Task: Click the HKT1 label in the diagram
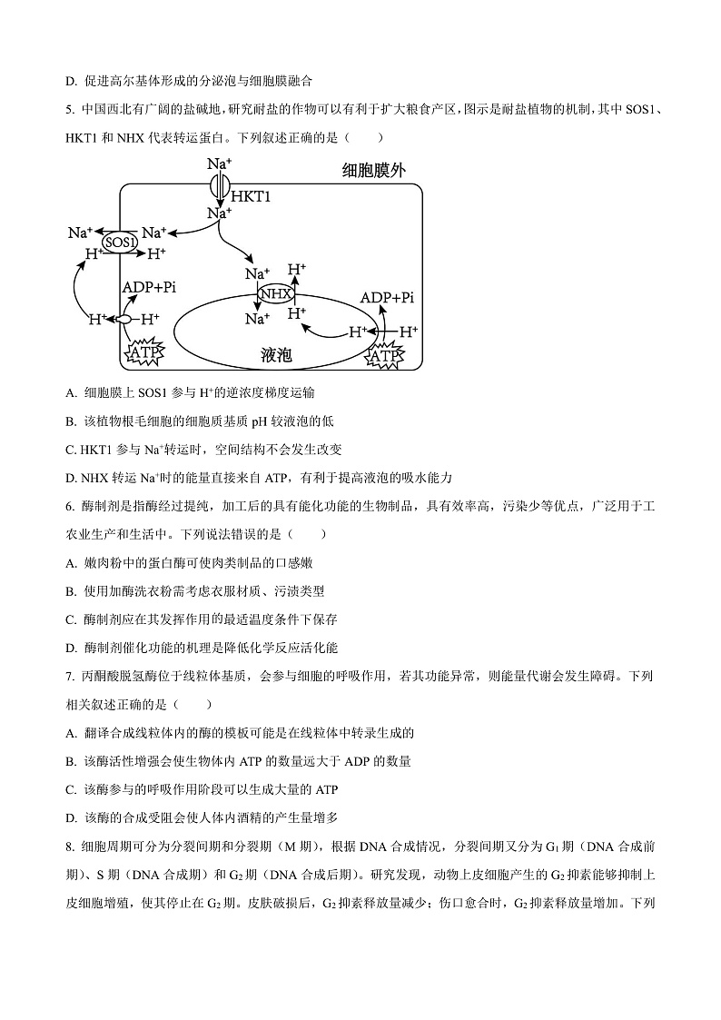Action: pos(251,196)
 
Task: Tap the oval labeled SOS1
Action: pos(119,243)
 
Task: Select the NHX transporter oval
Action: pos(275,294)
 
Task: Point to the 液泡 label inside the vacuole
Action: pos(275,355)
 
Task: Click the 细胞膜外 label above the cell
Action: pos(373,171)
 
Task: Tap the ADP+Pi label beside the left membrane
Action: pos(149,287)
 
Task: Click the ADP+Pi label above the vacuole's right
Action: pos(387,297)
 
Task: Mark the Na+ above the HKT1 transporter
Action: pos(218,163)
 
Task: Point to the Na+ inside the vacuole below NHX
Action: pos(257,319)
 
